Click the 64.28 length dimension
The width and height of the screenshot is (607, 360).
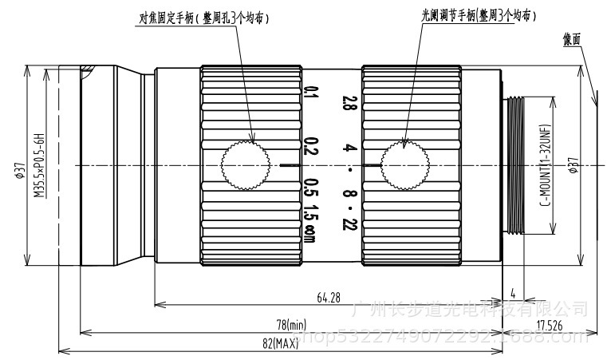click(328, 298)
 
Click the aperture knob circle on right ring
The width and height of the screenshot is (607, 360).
click(404, 164)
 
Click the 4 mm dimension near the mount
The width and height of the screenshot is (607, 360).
click(513, 291)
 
